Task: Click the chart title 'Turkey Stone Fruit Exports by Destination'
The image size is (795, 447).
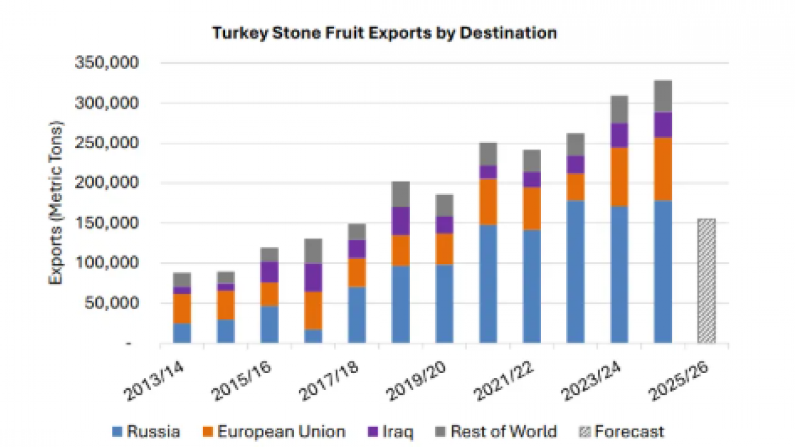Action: point(384,33)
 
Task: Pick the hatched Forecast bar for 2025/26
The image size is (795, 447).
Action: point(706,281)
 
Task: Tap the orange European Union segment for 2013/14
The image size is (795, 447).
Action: point(182,308)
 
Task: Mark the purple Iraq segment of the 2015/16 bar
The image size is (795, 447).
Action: point(270,272)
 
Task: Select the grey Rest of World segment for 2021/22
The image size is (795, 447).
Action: point(532,160)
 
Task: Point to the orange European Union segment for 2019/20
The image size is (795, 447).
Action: point(444,249)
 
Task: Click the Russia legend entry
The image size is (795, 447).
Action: point(147,431)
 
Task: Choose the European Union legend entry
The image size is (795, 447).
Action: point(273,431)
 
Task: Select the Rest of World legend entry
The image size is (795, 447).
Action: point(496,431)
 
